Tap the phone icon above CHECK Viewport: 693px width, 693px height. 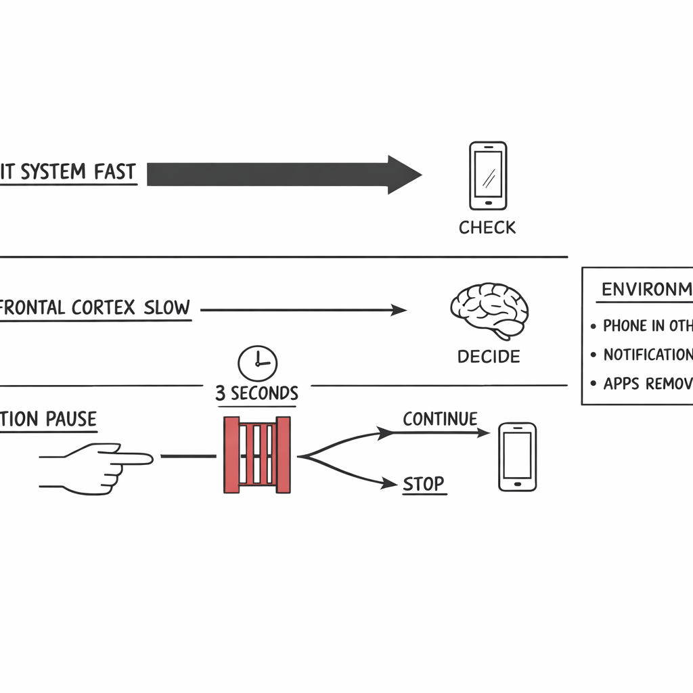pyautogui.click(x=488, y=175)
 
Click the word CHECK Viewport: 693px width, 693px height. pyautogui.click(x=487, y=228)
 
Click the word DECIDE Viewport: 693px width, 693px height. pyautogui.click(x=489, y=357)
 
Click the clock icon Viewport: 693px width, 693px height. pyautogui.click(x=257, y=363)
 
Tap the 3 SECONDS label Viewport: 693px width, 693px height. pyautogui.click(x=256, y=393)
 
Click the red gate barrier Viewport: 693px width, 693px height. pyautogui.click(x=257, y=455)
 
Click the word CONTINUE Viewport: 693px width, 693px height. pyautogui.click(x=440, y=420)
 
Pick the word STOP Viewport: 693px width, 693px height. pyautogui.click(x=424, y=484)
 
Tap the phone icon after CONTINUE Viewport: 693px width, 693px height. pyautogui.click(x=517, y=457)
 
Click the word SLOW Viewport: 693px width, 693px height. pyautogui.click(x=166, y=308)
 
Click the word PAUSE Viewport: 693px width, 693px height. pyautogui.click(x=71, y=419)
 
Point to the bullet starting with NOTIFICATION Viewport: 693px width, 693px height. pyautogui.click(x=647, y=355)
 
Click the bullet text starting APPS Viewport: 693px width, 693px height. pyautogui.click(x=647, y=384)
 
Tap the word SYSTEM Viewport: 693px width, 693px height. pyautogui.click(x=53, y=172)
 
